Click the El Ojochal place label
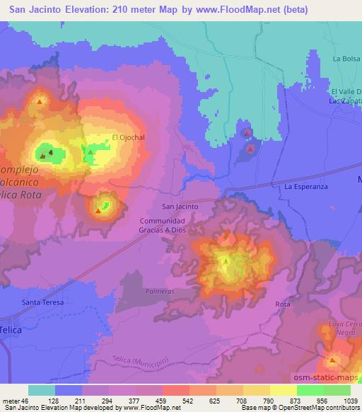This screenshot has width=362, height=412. (x=124, y=137)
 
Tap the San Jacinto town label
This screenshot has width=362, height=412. (x=180, y=206)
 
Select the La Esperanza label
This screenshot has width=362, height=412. (x=307, y=186)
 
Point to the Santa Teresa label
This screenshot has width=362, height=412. (x=42, y=302)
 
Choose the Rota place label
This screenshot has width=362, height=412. (x=283, y=304)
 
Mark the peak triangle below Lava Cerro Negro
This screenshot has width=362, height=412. (x=332, y=361)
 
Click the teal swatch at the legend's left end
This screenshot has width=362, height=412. (x=41, y=390)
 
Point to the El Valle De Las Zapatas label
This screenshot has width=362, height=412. (x=346, y=96)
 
